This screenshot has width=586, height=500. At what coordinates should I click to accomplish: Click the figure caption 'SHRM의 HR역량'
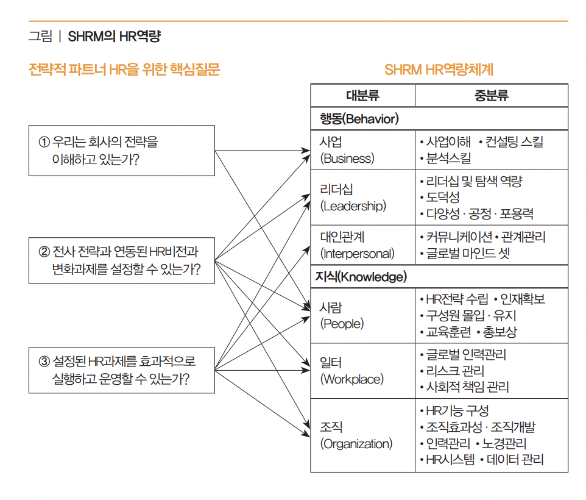pos(114,36)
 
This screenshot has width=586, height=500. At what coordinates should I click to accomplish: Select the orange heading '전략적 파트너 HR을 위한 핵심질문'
pos(124,70)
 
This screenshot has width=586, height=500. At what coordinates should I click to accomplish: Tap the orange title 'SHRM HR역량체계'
pos(439,70)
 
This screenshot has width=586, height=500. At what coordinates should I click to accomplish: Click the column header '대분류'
pos(362,96)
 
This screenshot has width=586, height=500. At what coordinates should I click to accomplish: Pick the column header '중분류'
pos(491,96)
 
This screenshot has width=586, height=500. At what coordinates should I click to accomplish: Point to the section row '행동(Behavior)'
pos(359,119)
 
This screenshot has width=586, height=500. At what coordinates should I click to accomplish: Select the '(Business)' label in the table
pos(347,159)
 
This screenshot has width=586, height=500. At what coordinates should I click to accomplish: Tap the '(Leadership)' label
pos(353,206)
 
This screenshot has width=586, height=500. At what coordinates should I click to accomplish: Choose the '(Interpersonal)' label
pos(358,253)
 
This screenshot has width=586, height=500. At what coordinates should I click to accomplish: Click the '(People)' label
pos(342,324)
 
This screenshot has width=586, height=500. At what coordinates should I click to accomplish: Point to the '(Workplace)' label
pos(352,379)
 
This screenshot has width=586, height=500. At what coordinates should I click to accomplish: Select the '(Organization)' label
pos(356,444)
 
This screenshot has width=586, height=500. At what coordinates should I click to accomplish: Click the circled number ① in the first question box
pos(44,142)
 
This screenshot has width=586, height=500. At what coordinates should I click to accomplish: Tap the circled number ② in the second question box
pos(44,251)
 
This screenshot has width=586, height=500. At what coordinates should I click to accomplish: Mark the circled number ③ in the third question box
pos(44,362)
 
